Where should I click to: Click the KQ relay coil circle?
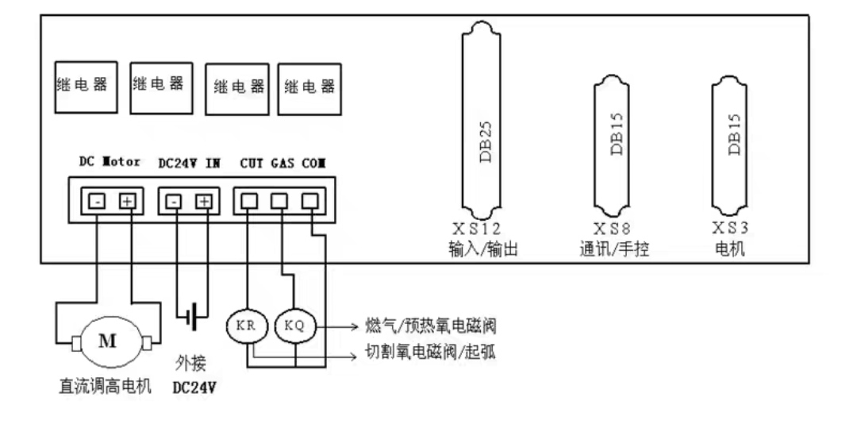pos(296,326)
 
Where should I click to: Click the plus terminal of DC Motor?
pos(127,202)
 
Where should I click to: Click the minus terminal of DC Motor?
pos(97,202)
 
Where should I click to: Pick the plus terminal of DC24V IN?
pos(204,202)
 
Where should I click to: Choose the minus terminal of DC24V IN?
pos(174,202)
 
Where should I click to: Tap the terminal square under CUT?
pos(249,202)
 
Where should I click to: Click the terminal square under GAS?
pos(279,202)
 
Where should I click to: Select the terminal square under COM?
pos(310,202)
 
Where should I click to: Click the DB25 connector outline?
pos(463,120)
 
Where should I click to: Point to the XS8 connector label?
pos(612,228)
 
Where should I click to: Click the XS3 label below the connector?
pos(730,228)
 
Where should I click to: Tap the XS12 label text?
pos(477,228)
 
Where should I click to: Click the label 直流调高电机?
pos(105,387)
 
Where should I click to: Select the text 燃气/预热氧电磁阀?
pos(430,326)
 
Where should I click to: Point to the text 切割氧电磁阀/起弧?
pos(430,352)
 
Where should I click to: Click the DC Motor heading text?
pos(110,162)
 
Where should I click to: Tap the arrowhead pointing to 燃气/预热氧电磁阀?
pos(354,326)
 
